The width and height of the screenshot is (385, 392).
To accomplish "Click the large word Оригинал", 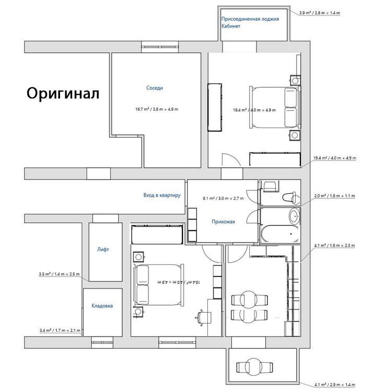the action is tap(63, 94).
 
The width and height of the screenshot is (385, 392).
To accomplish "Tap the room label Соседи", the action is tap(155, 88).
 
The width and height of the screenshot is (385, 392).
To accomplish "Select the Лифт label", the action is tap(103, 249).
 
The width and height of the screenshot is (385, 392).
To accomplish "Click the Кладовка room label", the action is tap(102, 306).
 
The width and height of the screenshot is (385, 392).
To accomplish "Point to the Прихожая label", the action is tap(223, 222).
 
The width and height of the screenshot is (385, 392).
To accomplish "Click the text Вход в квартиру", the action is tap(162, 195).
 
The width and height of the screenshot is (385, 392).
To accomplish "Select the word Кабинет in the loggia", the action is tap(231, 26).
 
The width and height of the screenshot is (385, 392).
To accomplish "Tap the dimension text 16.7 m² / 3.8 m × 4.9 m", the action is tap(157, 109).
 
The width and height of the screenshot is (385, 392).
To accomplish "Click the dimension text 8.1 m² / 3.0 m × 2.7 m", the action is tap(223, 199).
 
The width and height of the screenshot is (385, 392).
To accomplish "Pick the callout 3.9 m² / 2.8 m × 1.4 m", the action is tap(320, 13).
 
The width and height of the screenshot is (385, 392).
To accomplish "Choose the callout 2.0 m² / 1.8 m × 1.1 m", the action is tap(334, 196).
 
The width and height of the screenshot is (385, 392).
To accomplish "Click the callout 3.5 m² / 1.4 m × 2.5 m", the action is tap(59, 274).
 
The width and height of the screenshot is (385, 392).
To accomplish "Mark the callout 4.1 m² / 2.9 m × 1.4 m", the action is tap(335, 385).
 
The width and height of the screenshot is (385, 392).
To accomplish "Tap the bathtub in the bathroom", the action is tap(280, 234).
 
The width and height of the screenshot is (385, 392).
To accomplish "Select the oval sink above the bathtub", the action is tap(294, 215).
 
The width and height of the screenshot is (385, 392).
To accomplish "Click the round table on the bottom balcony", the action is tap(254, 367).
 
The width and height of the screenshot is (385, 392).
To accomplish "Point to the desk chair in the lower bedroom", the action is tap(203, 318).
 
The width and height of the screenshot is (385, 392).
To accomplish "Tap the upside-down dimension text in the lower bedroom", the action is tap(179, 282).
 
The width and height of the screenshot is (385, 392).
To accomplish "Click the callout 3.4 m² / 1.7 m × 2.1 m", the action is tap(60, 330).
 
